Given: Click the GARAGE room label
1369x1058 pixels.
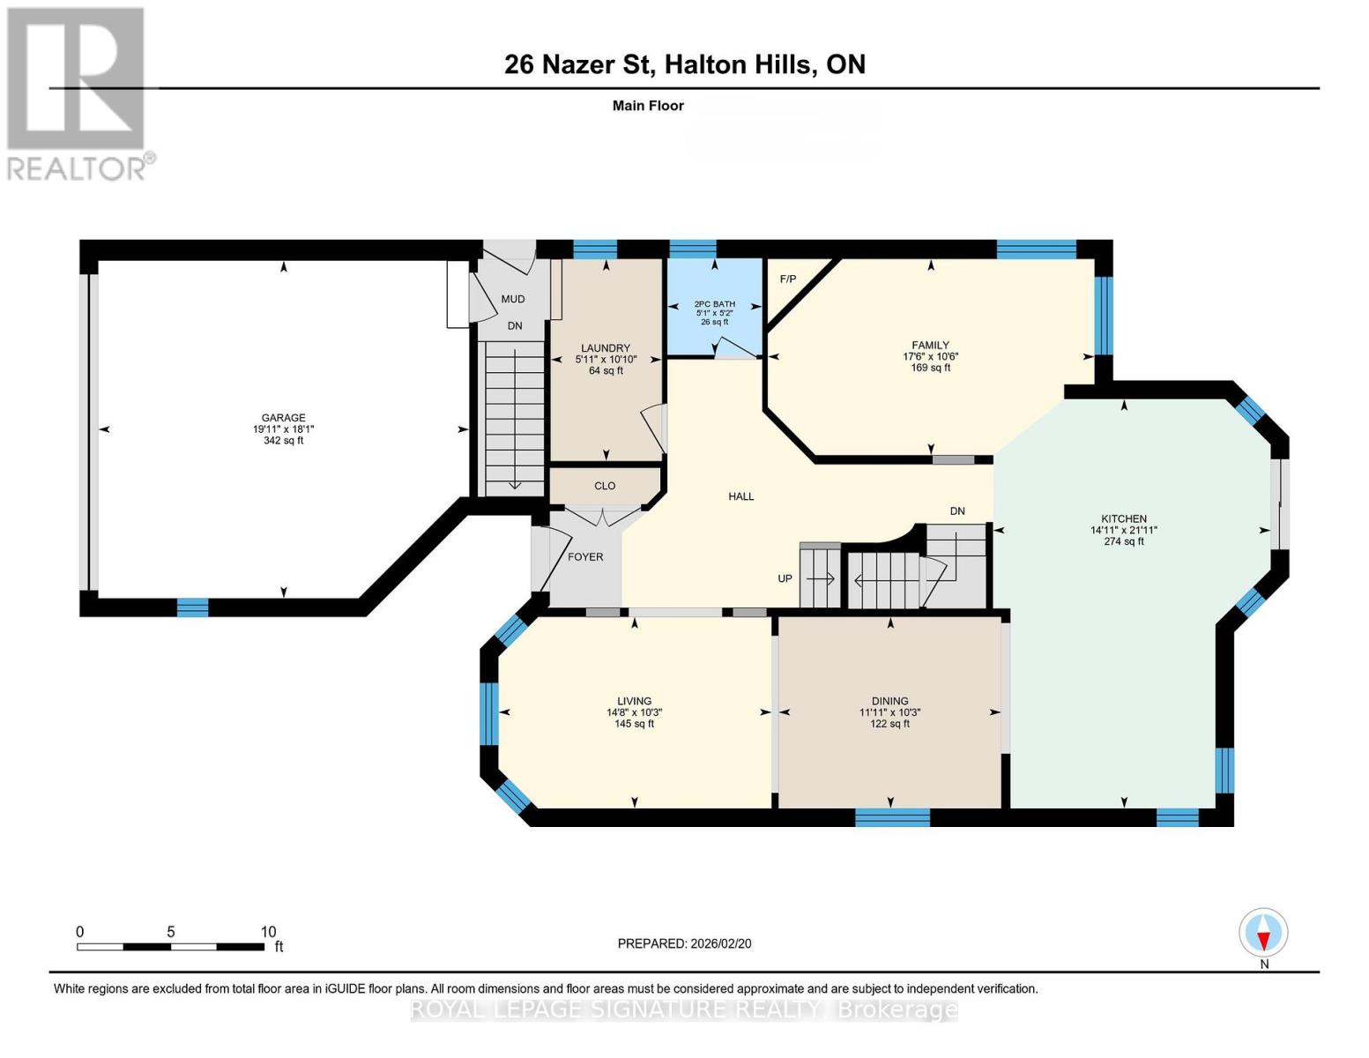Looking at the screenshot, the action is (284, 418).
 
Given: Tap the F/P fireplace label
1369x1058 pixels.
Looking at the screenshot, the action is (787, 279).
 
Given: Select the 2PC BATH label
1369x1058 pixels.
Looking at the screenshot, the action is (714, 303).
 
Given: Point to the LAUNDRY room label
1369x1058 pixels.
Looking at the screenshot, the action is (606, 348).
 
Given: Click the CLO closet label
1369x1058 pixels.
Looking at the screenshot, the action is (605, 486).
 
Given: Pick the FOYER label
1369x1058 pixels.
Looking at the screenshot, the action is (585, 557).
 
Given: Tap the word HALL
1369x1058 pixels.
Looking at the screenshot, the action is (740, 496).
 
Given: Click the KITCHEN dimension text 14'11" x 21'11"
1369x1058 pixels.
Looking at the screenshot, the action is (1124, 531).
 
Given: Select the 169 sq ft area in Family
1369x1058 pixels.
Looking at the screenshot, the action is (931, 368).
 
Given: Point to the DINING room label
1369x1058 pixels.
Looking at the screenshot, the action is (889, 701).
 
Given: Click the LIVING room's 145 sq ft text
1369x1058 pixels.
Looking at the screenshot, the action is (635, 723).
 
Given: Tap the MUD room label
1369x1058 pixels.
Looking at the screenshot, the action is (513, 299).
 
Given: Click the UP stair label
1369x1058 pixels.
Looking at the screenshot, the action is (785, 578).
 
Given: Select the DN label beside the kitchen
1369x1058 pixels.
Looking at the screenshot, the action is (957, 511).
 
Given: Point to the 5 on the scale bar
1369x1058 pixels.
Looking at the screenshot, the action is (171, 932).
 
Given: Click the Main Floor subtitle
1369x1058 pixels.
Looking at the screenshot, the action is (648, 106).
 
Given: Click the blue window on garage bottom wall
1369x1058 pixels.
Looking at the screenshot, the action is (192, 607).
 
